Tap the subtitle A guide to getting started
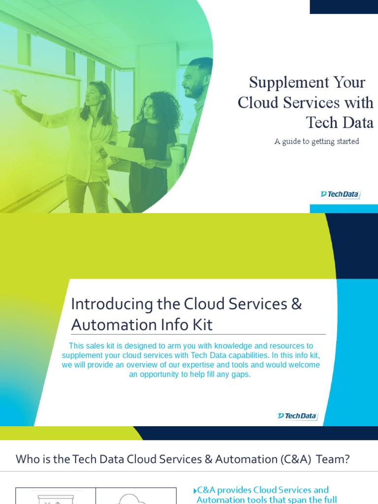pyautogui.click(x=316, y=142)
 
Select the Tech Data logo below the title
pyautogui.click(x=340, y=194)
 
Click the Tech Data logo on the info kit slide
pyautogui.click(x=297, y=416)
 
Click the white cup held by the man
pyautogui.click(x=177, y=155)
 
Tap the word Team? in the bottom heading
pyautogui.click(x=333, y=459)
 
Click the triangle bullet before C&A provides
pyautogui.click(x=195, y=491)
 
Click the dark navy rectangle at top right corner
pyautogui.click(x=344, y=6)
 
